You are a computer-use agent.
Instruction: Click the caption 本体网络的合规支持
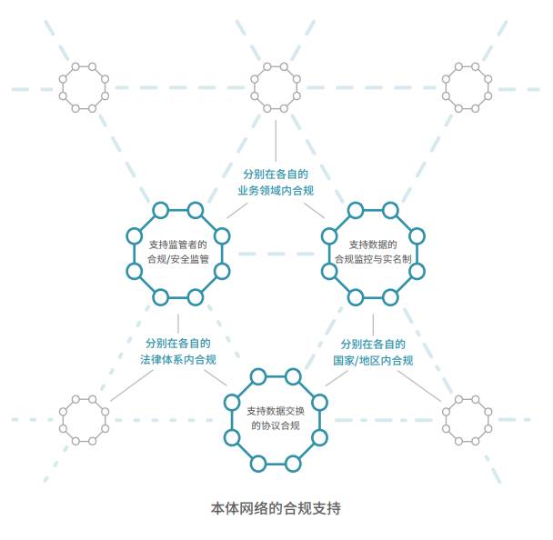[276, 508]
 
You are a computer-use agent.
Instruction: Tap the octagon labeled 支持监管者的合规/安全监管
[177, 252]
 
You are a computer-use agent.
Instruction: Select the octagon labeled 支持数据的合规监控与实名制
[372, 252]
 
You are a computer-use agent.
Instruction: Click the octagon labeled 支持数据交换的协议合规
[276, 418]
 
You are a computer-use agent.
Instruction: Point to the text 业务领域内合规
[276, 190]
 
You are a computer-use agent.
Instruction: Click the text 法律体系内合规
[178, 360]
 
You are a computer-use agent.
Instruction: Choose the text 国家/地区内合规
[373, 360]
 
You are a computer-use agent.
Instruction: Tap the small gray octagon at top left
[84, 87]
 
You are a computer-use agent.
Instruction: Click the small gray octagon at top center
[276, 87]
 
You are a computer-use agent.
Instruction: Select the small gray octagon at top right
[467, 87]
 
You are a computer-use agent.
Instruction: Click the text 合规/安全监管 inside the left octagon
[177, 259]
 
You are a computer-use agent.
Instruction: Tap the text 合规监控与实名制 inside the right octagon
[372, 259]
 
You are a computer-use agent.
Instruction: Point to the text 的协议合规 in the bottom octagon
[276, 425]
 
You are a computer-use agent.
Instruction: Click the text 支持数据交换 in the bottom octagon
[276, 410]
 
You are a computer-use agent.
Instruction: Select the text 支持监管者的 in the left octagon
[177, 244]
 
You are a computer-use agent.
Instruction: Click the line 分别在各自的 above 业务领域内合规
[276, 173]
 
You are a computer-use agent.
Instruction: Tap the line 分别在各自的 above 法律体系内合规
[178, 344]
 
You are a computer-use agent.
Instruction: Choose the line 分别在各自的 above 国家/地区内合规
[373, 344]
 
